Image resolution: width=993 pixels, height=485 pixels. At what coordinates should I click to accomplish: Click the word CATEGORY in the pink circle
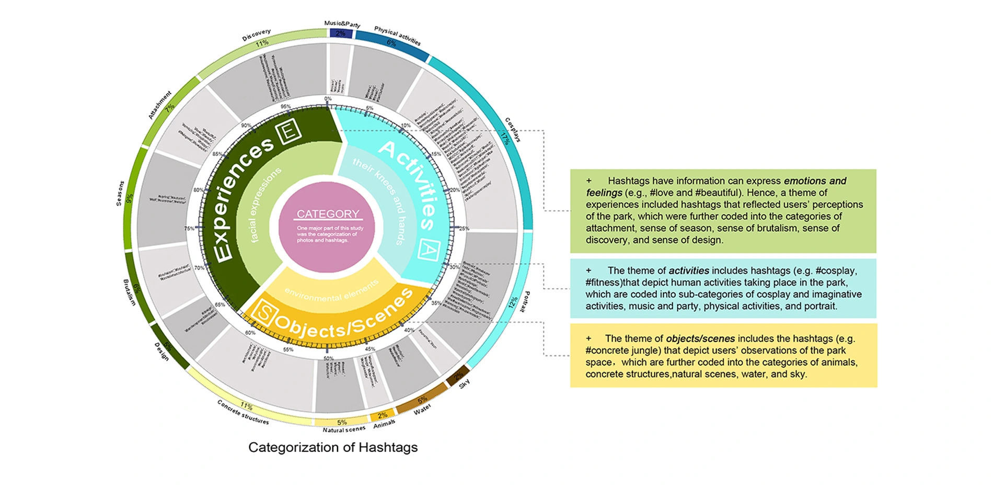coord(328,214)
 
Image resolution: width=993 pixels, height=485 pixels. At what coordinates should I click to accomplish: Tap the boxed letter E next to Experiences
coord(288,131)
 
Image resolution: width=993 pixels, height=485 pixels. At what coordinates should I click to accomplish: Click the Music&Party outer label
coord(342,24)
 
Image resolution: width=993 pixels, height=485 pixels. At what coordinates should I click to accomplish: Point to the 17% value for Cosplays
coord(505,139)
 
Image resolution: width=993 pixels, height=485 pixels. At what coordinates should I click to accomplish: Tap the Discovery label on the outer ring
coord(256,35)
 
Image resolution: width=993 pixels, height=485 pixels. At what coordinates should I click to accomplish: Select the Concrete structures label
coord(243,413)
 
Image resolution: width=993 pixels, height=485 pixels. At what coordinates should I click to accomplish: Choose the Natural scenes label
coord(344,430)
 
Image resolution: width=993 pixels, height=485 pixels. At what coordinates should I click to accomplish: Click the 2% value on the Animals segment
coord(383,415)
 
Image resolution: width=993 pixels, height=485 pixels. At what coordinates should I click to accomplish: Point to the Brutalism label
coord(129,292)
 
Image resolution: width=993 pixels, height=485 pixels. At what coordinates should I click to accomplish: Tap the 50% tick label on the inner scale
coord(328,358)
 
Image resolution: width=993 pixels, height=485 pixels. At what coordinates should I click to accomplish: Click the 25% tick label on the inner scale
coord(464,229)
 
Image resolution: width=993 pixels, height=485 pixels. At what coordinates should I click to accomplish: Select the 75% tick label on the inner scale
coord(189,229)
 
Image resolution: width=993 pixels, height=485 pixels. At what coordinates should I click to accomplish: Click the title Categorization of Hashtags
coord(333,447)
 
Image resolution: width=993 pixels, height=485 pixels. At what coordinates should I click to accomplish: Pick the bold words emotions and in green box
coord(815,181)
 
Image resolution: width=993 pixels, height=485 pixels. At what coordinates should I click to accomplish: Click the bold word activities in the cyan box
coord(689,270)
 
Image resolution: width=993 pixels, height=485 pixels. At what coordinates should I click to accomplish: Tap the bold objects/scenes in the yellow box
coord(700,339)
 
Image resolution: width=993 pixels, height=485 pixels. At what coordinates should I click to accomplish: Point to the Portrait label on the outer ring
coord(525,301)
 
